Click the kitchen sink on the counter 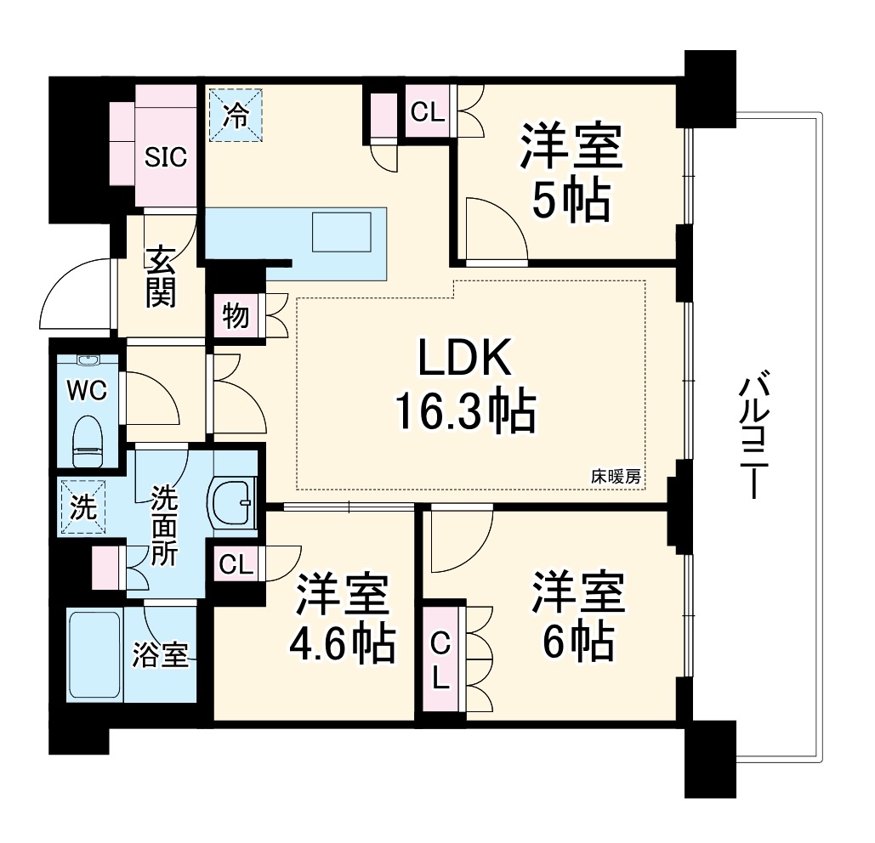click(342, 232)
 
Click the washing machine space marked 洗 click(83, 508)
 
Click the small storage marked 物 click(236, 315)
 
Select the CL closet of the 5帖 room click(429, 112)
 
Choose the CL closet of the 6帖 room click(441, 659)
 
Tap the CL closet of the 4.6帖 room click(236, 564)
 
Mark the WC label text click(87, 390)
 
